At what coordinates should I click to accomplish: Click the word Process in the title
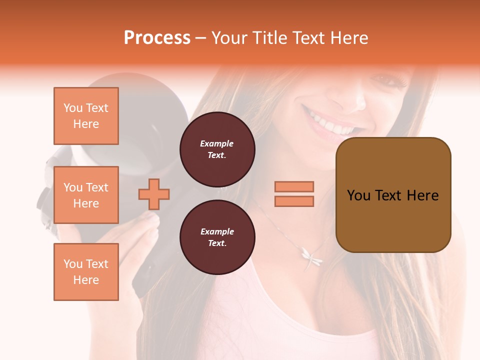pyautogui.click(x=157, y=37)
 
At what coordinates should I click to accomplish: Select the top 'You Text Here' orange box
pyautogui.click(x=86, y=116)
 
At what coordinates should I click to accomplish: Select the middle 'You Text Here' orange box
pyautogui.click(x=86, y=195)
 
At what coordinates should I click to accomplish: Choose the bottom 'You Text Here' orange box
pyautogui.click(x=86, y=271)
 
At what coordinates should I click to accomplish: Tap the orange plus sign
pyautogui.click(x=154, y=194)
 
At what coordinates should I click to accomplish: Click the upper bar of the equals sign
pyautogui.click(x=294, y=186)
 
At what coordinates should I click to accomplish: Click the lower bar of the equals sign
pyautogui.click(x=294, y=201)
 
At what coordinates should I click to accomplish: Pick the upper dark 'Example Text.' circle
pyautogui.click(x=217, y=149)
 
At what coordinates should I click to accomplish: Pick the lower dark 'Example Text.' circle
pyautogui.click(x=217, y=237)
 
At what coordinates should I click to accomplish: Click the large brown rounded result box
pyautogui.click(x=393, y=194)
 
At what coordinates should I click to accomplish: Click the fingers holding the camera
pyautogui.click(x=145, y=225)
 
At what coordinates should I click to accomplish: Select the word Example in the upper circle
pyautogui.click(x=217, y=143)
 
